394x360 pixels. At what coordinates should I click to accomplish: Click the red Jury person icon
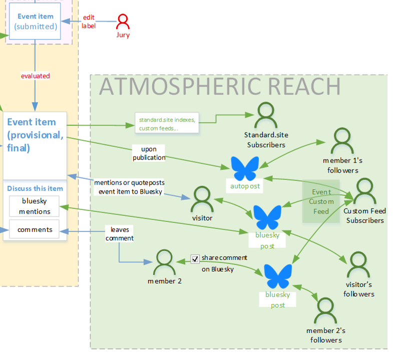[123, 21]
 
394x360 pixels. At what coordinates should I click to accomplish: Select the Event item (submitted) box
[35, 21]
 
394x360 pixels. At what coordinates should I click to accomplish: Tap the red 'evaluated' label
[35, 76]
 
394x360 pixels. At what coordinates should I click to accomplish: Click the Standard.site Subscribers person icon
[265, 116]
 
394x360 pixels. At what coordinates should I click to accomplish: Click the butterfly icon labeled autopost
[245, 168]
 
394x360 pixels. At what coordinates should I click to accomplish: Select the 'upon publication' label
[149, 153]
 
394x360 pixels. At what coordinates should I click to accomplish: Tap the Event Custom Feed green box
[321, 201]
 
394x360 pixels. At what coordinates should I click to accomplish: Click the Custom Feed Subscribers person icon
[365, 191]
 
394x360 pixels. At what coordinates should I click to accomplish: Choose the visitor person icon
[202, 199]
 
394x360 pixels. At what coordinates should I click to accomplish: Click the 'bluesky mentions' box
[35, 206]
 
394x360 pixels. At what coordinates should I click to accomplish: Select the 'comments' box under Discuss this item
[35, 229]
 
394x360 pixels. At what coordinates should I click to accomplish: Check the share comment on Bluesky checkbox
[195, 258]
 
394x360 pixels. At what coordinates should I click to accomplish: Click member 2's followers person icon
[325, 311]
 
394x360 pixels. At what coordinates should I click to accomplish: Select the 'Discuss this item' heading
[35, 188]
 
